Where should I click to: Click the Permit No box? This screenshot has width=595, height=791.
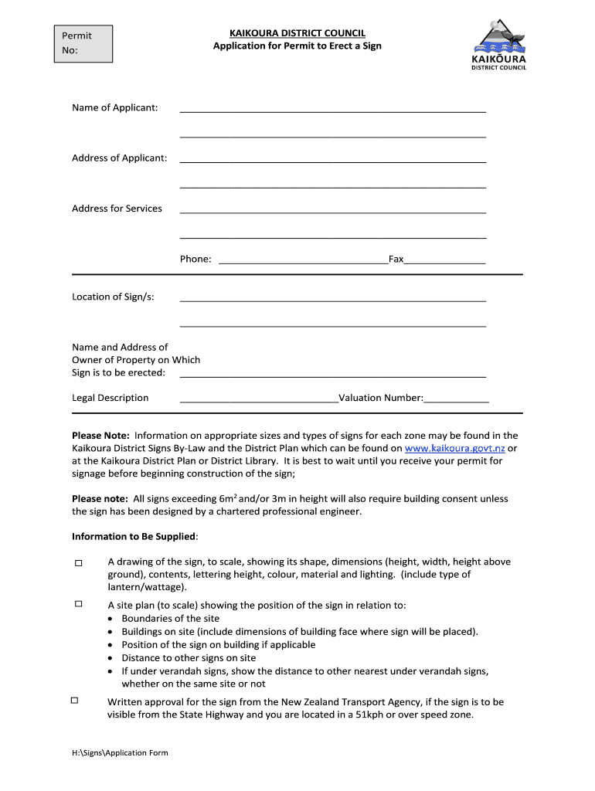(x=83, y=43)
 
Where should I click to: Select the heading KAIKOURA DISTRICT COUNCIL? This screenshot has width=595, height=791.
(x=297, y=33)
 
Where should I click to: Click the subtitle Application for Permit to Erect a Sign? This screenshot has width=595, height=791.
(x=297, y=46)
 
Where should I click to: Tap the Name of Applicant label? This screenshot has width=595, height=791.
(x=114, y=107)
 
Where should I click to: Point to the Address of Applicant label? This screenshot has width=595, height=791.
(x=119, y=158)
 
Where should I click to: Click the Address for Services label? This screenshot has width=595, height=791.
(x=117, y=209)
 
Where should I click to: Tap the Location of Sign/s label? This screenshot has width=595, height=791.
(x=113, y=297)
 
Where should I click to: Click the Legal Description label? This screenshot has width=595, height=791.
(x=110, y=398)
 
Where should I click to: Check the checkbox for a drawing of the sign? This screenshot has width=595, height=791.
(x=78, y=564)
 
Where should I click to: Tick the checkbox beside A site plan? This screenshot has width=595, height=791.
(x=78, y=604)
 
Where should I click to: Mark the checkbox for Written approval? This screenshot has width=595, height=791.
(x=74, y=700)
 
